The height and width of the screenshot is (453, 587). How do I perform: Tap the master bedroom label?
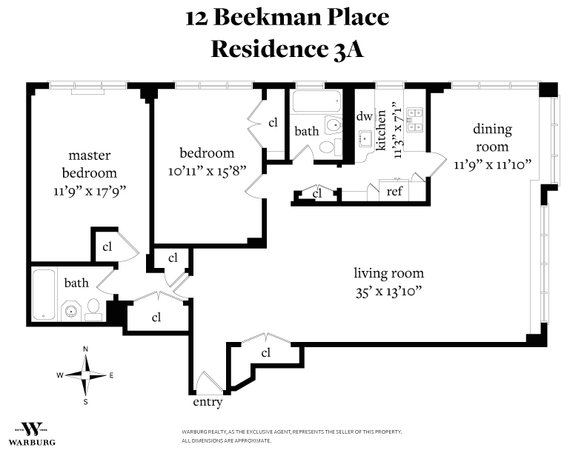tap(89, 164)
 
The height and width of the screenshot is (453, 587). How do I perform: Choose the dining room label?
tap(493, 138)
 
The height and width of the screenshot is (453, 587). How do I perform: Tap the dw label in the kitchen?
tap(364, 116)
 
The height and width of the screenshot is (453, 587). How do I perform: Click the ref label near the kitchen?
tap(394, 191)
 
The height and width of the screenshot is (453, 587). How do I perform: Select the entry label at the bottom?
tap(208, 403)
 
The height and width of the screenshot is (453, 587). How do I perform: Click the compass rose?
tap(86, 375)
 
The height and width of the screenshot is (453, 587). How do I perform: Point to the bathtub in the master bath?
tap(44, 294)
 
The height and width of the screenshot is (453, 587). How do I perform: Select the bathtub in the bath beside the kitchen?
tap(316, 101)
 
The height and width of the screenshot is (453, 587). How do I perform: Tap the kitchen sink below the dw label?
tap(365, 138)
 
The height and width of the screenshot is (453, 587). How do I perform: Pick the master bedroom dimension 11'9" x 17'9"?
tap(89, 190)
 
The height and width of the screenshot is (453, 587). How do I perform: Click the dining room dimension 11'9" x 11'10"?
tap(493, 164)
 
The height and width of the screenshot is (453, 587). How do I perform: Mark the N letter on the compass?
tap(86, 349)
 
